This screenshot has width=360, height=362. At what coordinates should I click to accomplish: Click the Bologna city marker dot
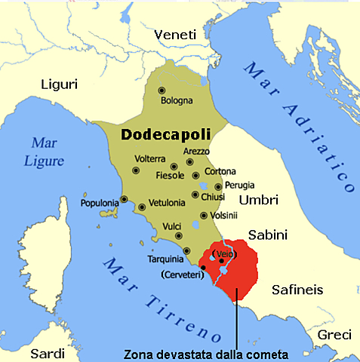click(x=162, y=90)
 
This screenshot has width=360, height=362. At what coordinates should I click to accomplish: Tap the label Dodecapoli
click(x=165, y=133)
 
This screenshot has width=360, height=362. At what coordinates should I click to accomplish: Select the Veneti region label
click(x=175, y=35)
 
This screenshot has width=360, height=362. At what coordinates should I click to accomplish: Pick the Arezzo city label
click(x=197, y=151)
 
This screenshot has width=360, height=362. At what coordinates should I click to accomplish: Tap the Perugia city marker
click(x=218, y=186)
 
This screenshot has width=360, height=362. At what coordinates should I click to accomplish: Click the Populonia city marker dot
click(x=125, y=201)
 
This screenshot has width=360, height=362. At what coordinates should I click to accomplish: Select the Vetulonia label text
click(x=169, y=205)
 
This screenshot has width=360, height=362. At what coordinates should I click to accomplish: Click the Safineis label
click(x=297, y=288)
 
